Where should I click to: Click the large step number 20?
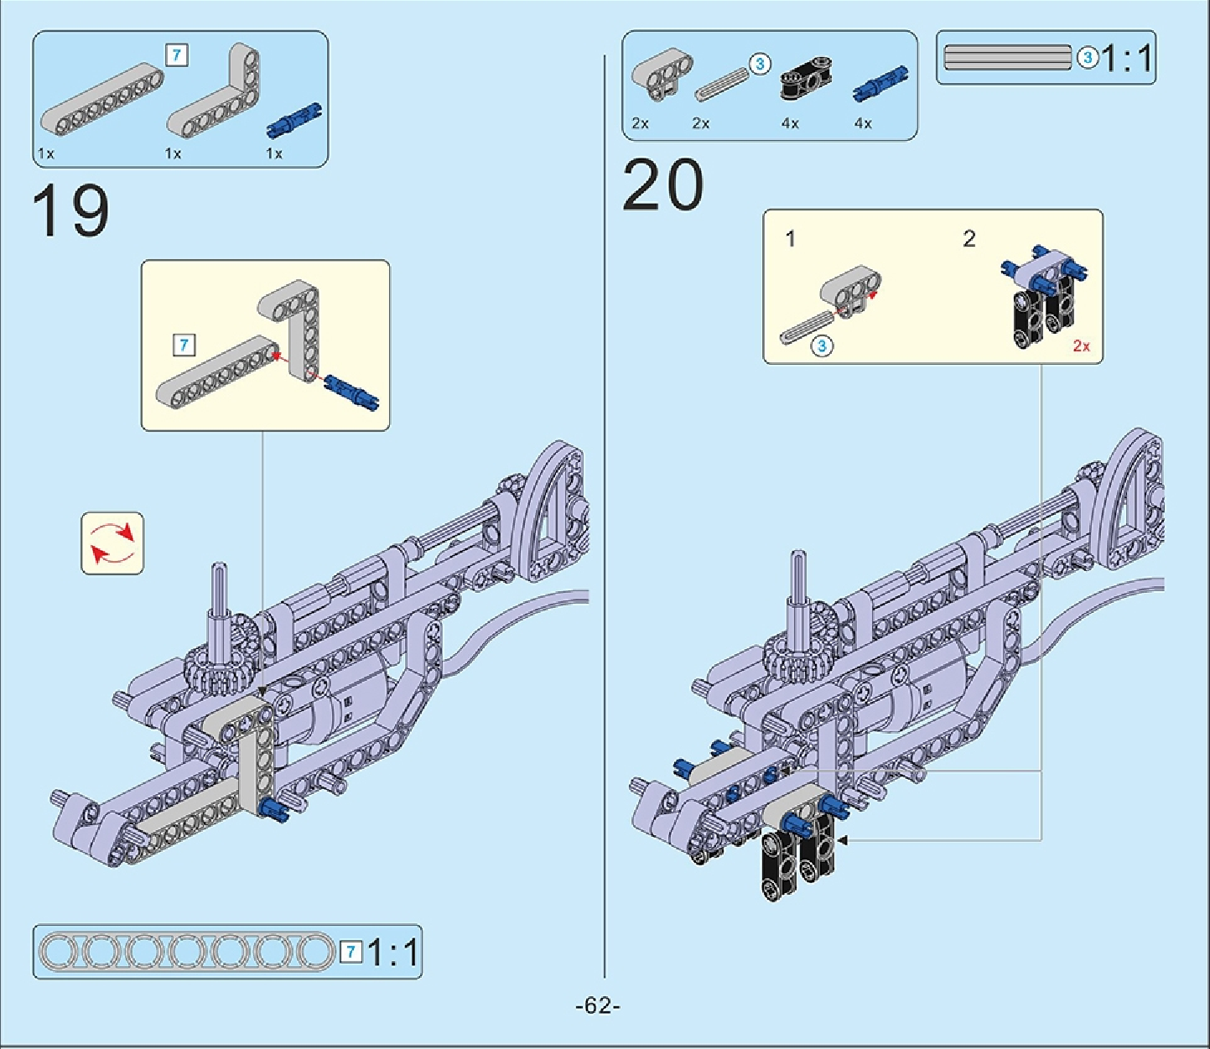(x=662, y=184)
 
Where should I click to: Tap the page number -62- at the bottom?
(x=598, y=1005)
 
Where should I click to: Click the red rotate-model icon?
(x=112, y=543)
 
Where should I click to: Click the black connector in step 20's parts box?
(x=807, y=79)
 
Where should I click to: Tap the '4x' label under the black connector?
(x=790, y=123)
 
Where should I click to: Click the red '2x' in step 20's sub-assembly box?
(x=1081, y=345)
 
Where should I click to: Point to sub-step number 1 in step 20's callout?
(x=790, y=239)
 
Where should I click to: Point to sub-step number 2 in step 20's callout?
(x=969, y=239)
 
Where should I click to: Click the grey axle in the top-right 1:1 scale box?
(x=1007, y=57)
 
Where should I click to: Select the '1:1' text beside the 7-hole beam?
(x=392, y=953)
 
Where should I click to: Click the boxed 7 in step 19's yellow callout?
(x=184, y=345)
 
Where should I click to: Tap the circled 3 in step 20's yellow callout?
(x=822, y=345)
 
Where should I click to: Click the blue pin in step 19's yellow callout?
(x=351, y=392)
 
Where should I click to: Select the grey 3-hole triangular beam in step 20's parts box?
(x=662, y=74)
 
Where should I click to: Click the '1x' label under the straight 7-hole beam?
(x=45, y=153)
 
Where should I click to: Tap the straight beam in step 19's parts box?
(x=101, y=99)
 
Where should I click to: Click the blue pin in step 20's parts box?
(x=880, y=83)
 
